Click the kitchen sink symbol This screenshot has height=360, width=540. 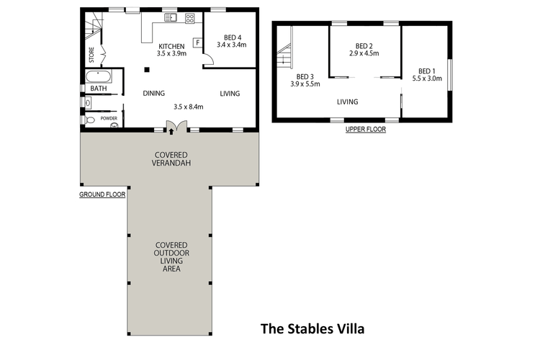click(x=171, y=17)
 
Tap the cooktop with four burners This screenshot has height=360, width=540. click(x=190, y=18)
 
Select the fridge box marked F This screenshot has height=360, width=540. click(x=198, y=42)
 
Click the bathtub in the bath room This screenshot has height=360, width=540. click(x=99, y=76)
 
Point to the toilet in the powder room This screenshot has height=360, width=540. click(x=89, y=120)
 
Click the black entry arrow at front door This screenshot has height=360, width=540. click(x=171, y=131)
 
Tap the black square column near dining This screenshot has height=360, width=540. click(x=147, y=70)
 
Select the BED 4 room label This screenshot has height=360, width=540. click(x=233, y=37)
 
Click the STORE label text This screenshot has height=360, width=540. click(x=91, y=55)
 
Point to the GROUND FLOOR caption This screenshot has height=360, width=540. click(x=102, y=194)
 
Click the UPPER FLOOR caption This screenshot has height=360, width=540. click(x=366, y=129)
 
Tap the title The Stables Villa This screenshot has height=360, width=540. click(x=312, y=328)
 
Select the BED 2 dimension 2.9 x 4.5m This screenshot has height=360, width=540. click(x=364, y=53)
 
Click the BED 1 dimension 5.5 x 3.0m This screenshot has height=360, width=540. click(x=427, y=78)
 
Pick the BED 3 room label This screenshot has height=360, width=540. click(x=305, y=76)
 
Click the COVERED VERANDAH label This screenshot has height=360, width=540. click(x=171, y=159)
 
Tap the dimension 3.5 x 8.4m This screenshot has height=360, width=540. click(x=189, y=107)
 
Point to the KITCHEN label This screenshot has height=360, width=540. click(x=171, y=46)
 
